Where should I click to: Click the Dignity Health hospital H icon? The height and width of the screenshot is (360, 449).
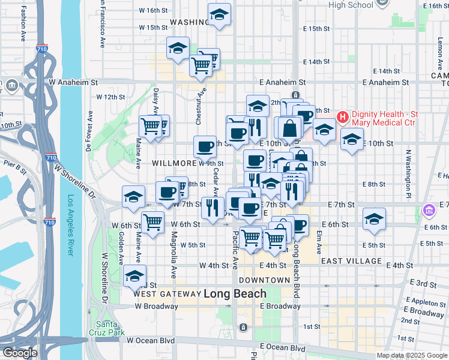click(x=343, y=116)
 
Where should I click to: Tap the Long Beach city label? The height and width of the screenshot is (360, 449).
click(x=235, y=294)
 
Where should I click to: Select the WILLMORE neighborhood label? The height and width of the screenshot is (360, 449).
click(x=174, y=163)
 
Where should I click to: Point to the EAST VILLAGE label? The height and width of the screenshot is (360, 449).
click(x=351, y=261)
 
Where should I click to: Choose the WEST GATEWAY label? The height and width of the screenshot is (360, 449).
click(x=167, y=294)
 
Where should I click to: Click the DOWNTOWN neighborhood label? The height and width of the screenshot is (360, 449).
click(x=264, y=280)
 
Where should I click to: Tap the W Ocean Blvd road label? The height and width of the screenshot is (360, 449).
click(x=151, y=340)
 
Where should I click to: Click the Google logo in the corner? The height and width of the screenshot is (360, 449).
click(x=19, y=353)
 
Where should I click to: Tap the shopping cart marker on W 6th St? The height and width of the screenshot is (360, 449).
click(x=154, y=221)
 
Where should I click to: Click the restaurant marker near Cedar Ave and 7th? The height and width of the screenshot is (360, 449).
click(x=212, y=208)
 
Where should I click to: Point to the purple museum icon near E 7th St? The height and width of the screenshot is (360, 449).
click(x=429, y=211)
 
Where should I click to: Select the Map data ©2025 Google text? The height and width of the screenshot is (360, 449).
click(x=412, y=355)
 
